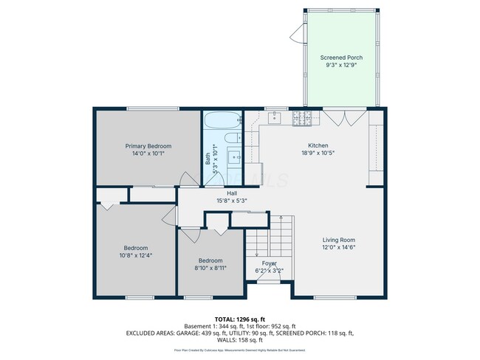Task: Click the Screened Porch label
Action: [x=341, y=58]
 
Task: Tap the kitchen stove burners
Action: [x=302, y=117]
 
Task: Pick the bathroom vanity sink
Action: [x=234, y=156]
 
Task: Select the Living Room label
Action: [x=339, y=240]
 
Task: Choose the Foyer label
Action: [x=270, y=263]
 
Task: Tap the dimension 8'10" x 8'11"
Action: [x=210, y=268]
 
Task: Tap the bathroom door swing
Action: [x=187, y=177]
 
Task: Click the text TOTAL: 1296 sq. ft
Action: [x=241, y=319]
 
